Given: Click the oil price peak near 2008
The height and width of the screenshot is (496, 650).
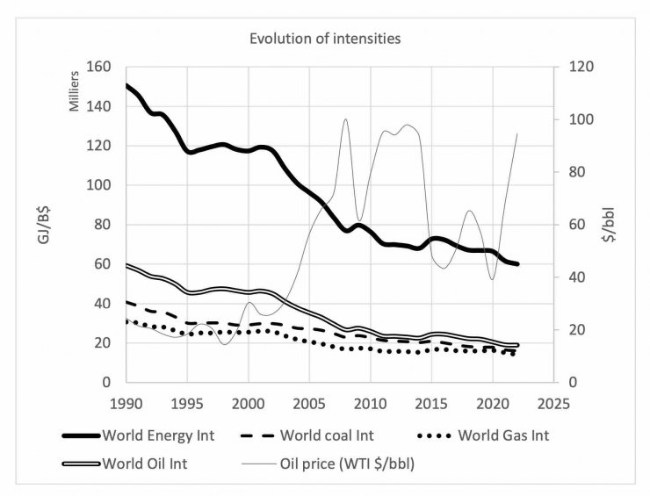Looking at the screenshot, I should pos(346,119).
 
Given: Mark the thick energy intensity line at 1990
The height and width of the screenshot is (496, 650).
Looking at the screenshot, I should pos(127,86).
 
